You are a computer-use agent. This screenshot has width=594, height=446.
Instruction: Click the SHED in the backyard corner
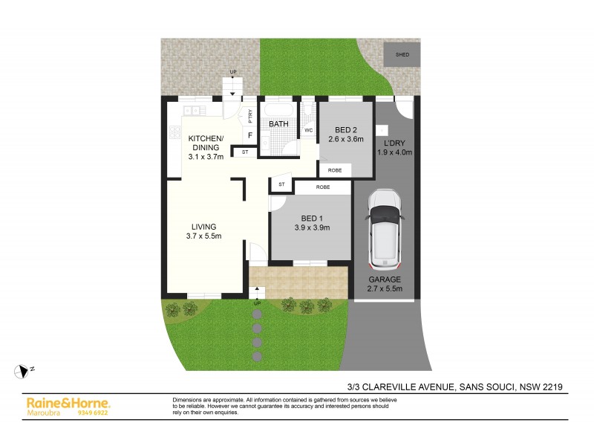[x=402, y=55]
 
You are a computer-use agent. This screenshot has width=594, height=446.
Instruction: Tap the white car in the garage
[x=385, y=229]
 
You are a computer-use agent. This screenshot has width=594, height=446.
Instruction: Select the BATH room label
[x=278, y=124]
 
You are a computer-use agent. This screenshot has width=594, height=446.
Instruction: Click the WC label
[x=308, y=131]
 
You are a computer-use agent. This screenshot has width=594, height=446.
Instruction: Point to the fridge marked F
[x=249, y=136]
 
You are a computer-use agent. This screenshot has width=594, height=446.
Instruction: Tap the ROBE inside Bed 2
[x=336, y=170]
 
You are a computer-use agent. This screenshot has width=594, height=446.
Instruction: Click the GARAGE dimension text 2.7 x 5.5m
[x=385, y=288]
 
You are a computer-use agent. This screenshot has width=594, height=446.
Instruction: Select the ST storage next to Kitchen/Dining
[x=244, y=152]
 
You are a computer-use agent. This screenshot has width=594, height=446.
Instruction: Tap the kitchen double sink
[x=192, y=111]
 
